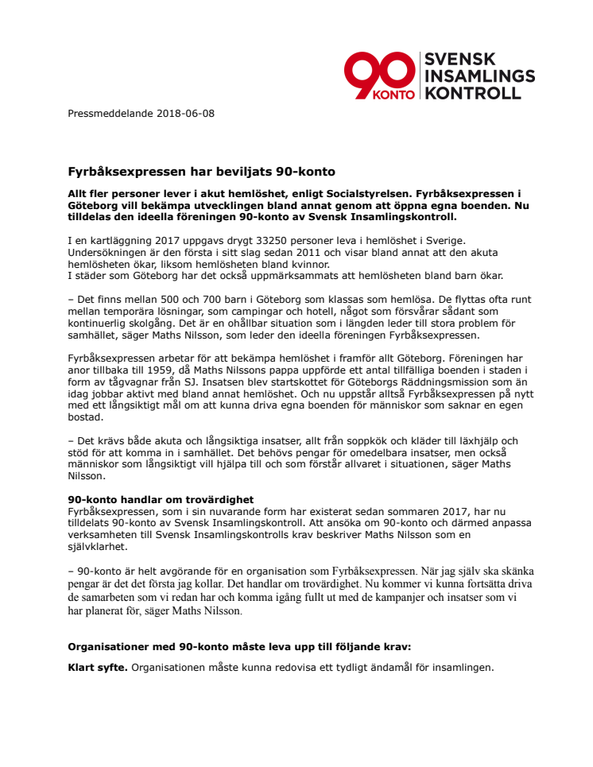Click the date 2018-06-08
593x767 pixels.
[x=186, y=114]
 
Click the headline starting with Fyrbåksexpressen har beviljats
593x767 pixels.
[x=201, y=171]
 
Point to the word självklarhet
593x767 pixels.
[x=97, y=548]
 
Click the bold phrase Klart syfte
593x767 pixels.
[x=97, y=668]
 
